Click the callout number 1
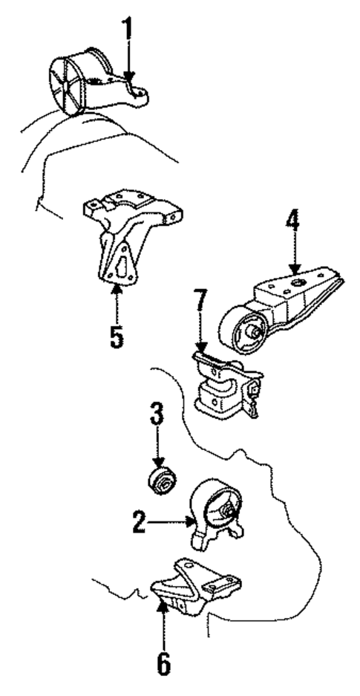(x=128, y=27)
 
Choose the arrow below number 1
(x=128, y=63)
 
